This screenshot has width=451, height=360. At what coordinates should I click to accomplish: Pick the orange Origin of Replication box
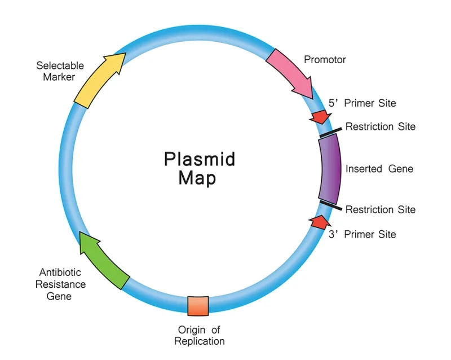pos(198,306)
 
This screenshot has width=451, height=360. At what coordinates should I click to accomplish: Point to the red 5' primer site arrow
pos(320,117)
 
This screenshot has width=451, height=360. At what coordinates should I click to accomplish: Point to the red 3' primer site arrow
pos(319,221)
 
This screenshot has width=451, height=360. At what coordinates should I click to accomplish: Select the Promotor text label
pos(325,59)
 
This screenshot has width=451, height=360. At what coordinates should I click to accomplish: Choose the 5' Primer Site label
pos(362,103)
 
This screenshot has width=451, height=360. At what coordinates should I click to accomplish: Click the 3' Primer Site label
pos(362,234)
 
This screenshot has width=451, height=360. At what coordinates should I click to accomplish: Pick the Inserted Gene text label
pos(379,169)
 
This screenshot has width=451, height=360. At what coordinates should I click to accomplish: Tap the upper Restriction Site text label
pos(380,126)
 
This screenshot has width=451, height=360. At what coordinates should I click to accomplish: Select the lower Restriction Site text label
pos(380,209)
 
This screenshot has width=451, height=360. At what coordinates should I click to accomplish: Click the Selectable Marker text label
pos(55,71)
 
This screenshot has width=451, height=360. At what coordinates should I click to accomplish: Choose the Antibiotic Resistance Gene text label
pos(60,284)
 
